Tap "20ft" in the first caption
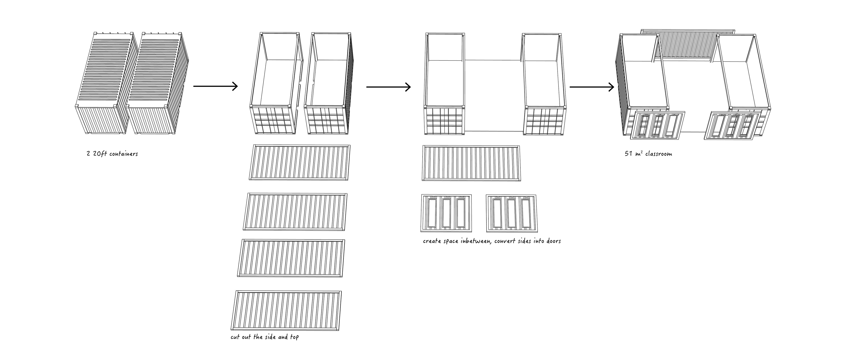pyautogui.click(x=100, y=154)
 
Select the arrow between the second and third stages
pyautogui.click(x=388, y=87)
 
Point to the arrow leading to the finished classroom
pyautogui.click(x=592, y=87)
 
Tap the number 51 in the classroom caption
pyautogui.click(x=628, y=154)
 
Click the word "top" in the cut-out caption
pyautogui.click(x=294, y=337)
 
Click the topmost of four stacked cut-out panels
pyautogui.click(x=300, y=163)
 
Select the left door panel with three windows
pyautogui.click(x=446, y=213)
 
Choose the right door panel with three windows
pyautogui.click(x=511, y=213)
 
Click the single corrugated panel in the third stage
pyautogui.click(x=471, y=163)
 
